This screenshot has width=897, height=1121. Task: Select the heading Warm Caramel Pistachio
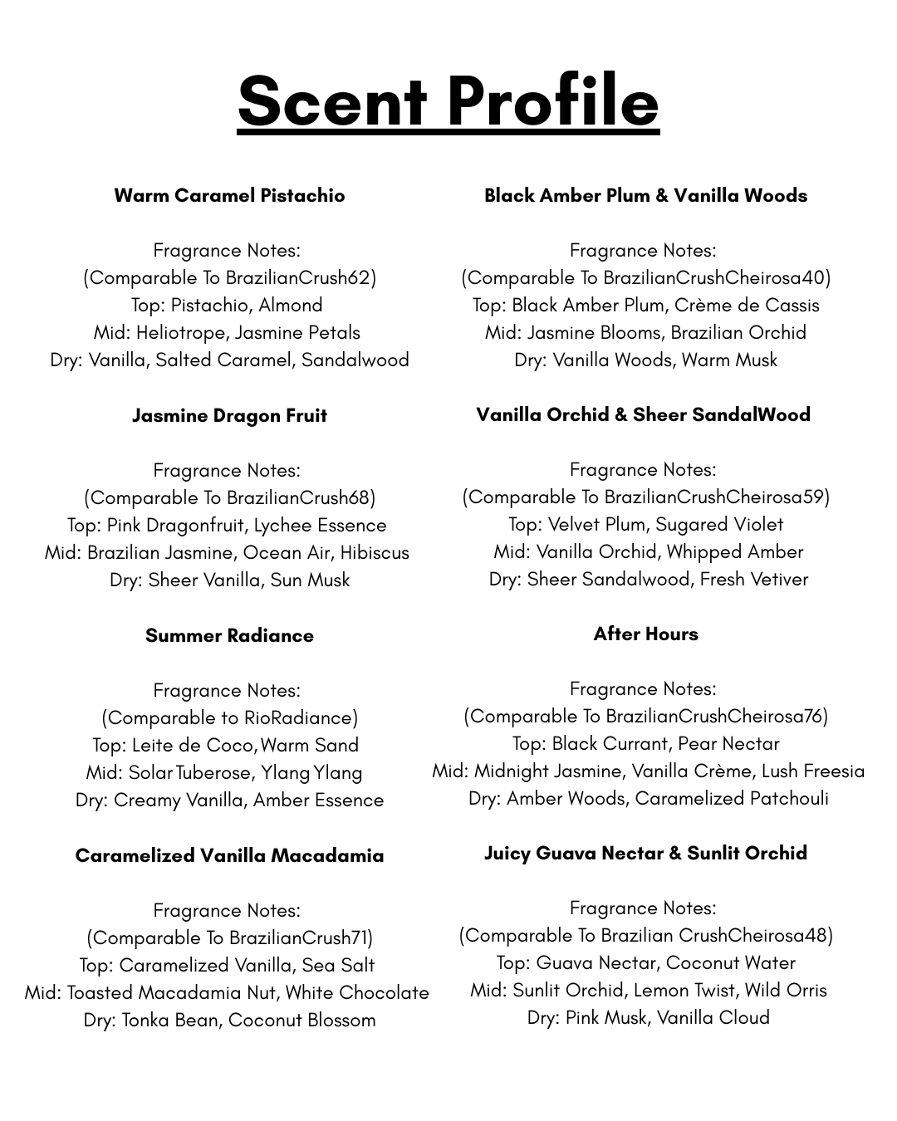coord(229,196)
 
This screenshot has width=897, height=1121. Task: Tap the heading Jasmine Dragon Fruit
coord(229,416)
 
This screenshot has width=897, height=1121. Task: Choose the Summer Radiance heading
coord(229,636)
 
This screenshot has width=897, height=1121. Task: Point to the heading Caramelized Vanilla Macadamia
coord(229,856)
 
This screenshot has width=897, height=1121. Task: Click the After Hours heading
coord(645,634)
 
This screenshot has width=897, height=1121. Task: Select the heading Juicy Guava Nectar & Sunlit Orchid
coord(645,854)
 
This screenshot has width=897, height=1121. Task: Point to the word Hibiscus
coord(374,553)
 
